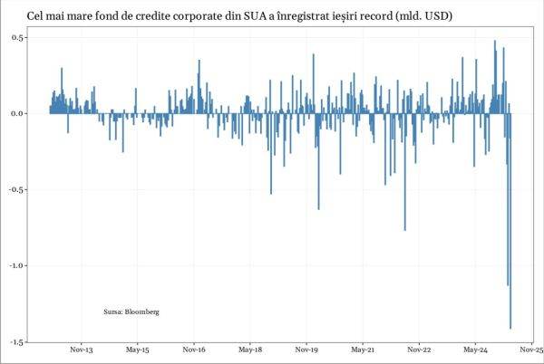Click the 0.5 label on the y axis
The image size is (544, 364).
[x=17, y=37]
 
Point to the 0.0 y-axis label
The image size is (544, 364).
[x=17, y=113]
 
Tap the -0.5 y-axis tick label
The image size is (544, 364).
[x=15, y=189]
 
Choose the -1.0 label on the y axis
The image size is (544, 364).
[x=15, y=265]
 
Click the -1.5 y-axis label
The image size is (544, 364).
[x=15, y=341]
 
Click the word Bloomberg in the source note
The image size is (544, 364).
[x=142, y=311]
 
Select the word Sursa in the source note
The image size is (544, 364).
[x=113, y=311]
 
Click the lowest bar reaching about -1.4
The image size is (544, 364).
[x=510, y=272]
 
